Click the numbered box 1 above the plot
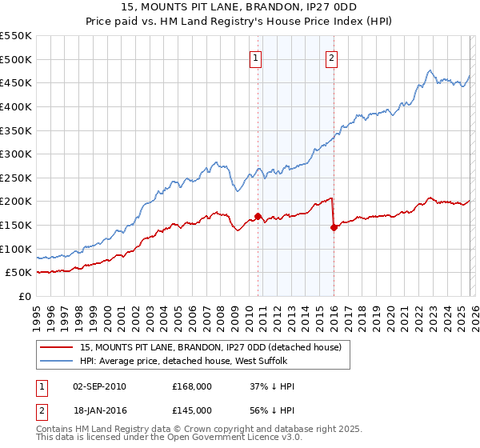click(255, 58)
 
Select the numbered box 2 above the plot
click(331, 58)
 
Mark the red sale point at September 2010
click(258, 216)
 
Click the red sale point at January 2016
click(334, 227)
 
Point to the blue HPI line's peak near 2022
click(430, 70)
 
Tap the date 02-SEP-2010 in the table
click(99, 386)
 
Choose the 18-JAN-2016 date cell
click(99, 410)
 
